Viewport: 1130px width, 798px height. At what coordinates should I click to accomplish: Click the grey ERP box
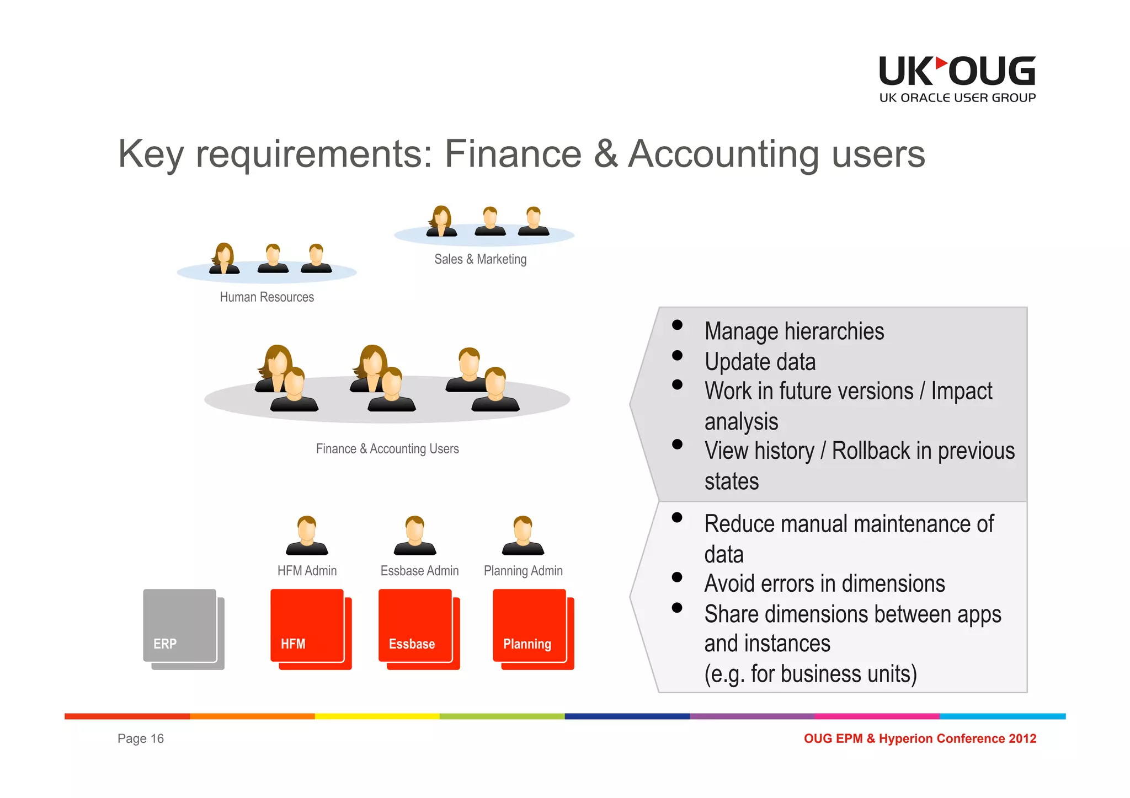(180, 626)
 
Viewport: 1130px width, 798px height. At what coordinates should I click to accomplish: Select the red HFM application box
(308, 626)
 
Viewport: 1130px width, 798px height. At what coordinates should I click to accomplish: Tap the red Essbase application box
(416, 626)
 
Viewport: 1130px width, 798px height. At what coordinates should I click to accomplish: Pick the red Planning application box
(530, 626)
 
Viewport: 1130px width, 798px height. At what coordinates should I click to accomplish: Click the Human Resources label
(266, 297)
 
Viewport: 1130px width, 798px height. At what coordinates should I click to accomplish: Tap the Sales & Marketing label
(480, 259)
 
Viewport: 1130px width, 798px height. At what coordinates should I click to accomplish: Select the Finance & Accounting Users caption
(387, 449)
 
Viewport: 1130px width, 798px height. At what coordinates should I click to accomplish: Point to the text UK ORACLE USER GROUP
(957, 98)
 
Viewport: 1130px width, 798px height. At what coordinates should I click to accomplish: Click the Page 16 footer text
(141, 738)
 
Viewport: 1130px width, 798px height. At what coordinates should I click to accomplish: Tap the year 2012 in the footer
(1022, 738)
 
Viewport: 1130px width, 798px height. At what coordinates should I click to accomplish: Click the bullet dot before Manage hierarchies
(677, 325)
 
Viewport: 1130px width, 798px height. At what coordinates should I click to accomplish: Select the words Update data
(760, 362)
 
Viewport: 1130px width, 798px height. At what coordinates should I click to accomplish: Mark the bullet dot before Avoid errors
(677, 577)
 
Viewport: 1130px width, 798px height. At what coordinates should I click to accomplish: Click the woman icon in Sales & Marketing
(441, 221)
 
